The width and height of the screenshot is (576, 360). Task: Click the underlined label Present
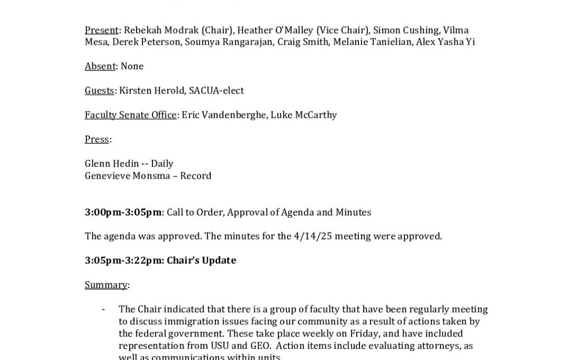coord(101,30)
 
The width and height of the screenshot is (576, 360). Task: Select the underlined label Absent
coord(100,66)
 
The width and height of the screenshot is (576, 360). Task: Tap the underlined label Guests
coord(99,91)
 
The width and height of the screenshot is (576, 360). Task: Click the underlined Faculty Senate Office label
coord(130,115)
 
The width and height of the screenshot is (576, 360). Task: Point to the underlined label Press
coord(97,139)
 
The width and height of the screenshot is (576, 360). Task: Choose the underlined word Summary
coord(106,285)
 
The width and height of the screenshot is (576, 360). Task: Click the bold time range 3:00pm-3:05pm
coord(123,212)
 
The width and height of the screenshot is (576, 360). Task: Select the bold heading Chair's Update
coord(201,260)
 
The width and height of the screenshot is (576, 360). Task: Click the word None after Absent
coord(132,66)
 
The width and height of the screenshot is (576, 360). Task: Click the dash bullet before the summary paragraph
coord(103,309)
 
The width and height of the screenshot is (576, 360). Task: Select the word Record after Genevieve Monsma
coord(196,176)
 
